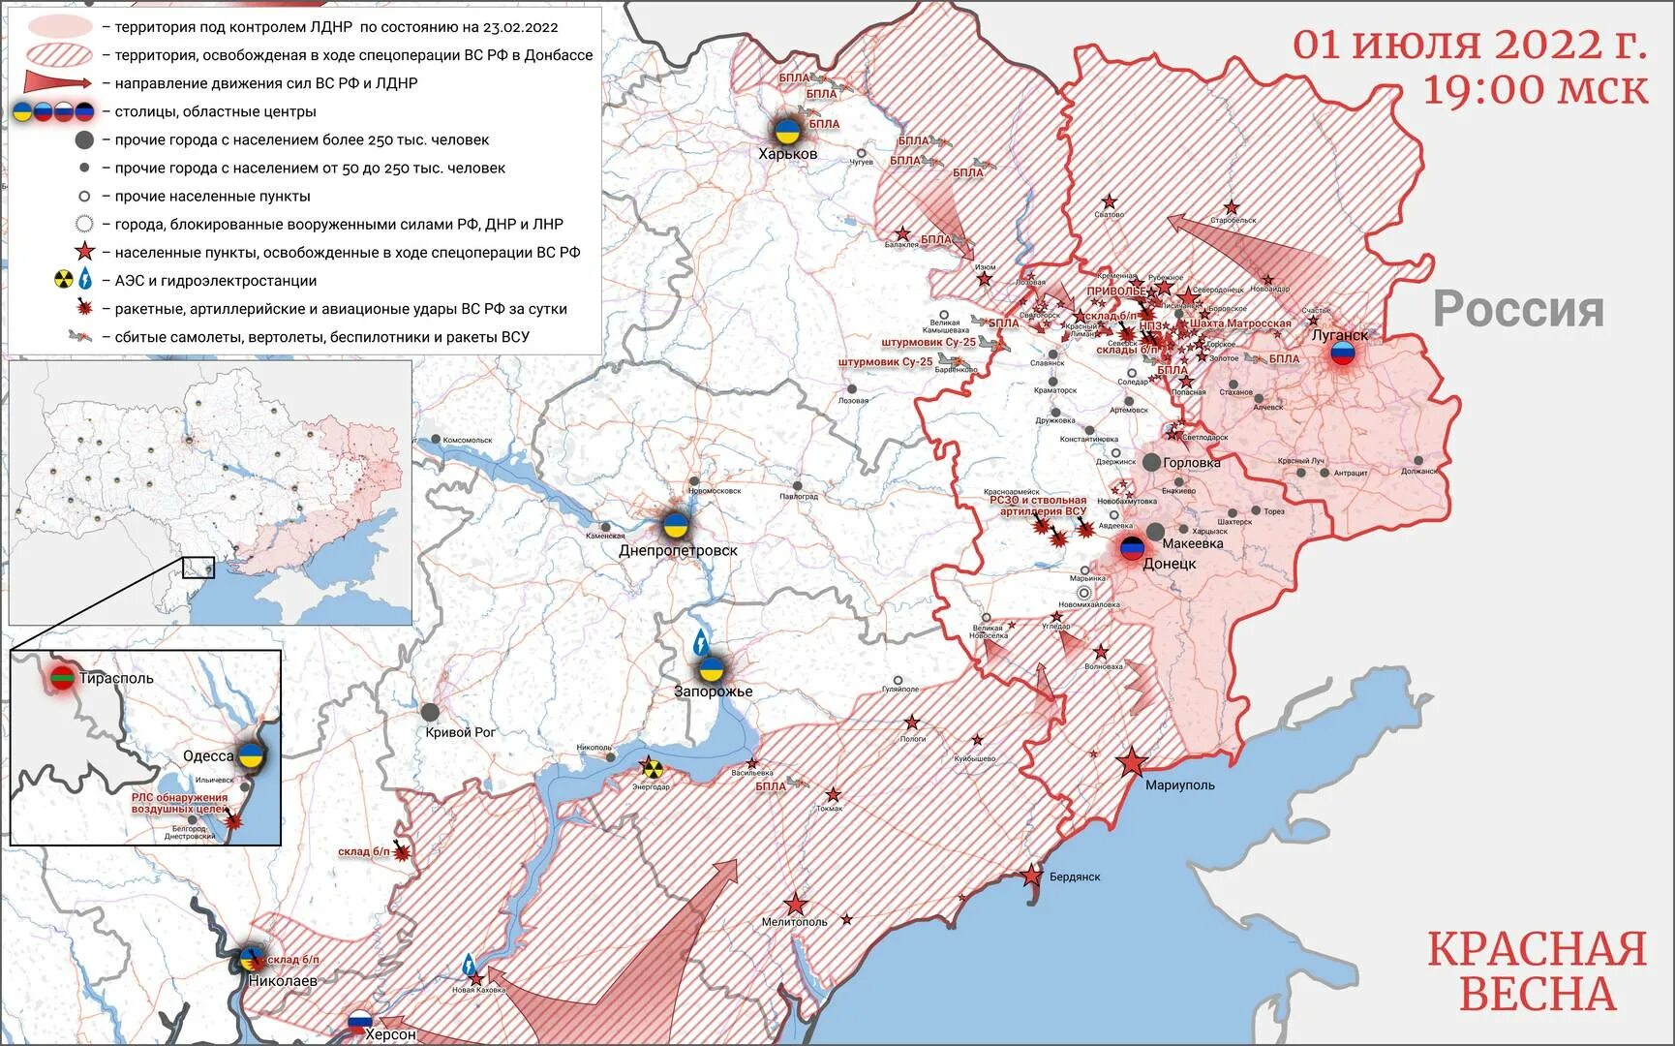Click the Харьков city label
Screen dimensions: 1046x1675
pos(787,154)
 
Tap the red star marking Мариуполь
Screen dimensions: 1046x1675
pos(1132,763)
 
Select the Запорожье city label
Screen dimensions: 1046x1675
pos(713,692)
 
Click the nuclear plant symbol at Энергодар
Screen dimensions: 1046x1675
pos(653,769)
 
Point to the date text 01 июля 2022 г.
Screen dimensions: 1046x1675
pos(1470,45)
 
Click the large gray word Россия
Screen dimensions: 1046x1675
pos(1517,309)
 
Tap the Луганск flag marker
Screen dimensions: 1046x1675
pos(1342,353)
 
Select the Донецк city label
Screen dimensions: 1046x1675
pos(1170,564)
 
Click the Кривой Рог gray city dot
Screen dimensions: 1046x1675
pos(430,712)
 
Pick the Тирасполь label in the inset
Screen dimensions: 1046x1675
pos(116,678)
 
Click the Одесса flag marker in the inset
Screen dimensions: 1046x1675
pos(252,755)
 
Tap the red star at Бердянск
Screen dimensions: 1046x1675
pos(1032,877)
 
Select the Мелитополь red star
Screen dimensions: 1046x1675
pos(795,905)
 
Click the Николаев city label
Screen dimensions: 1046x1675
pos(283,980)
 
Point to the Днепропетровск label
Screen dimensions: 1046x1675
pos(678,550)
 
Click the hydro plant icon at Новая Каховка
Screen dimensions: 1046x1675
pos(469,964)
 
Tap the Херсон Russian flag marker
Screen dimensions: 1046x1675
pos(360,1021)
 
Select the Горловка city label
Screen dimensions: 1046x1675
pos(1191,463)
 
